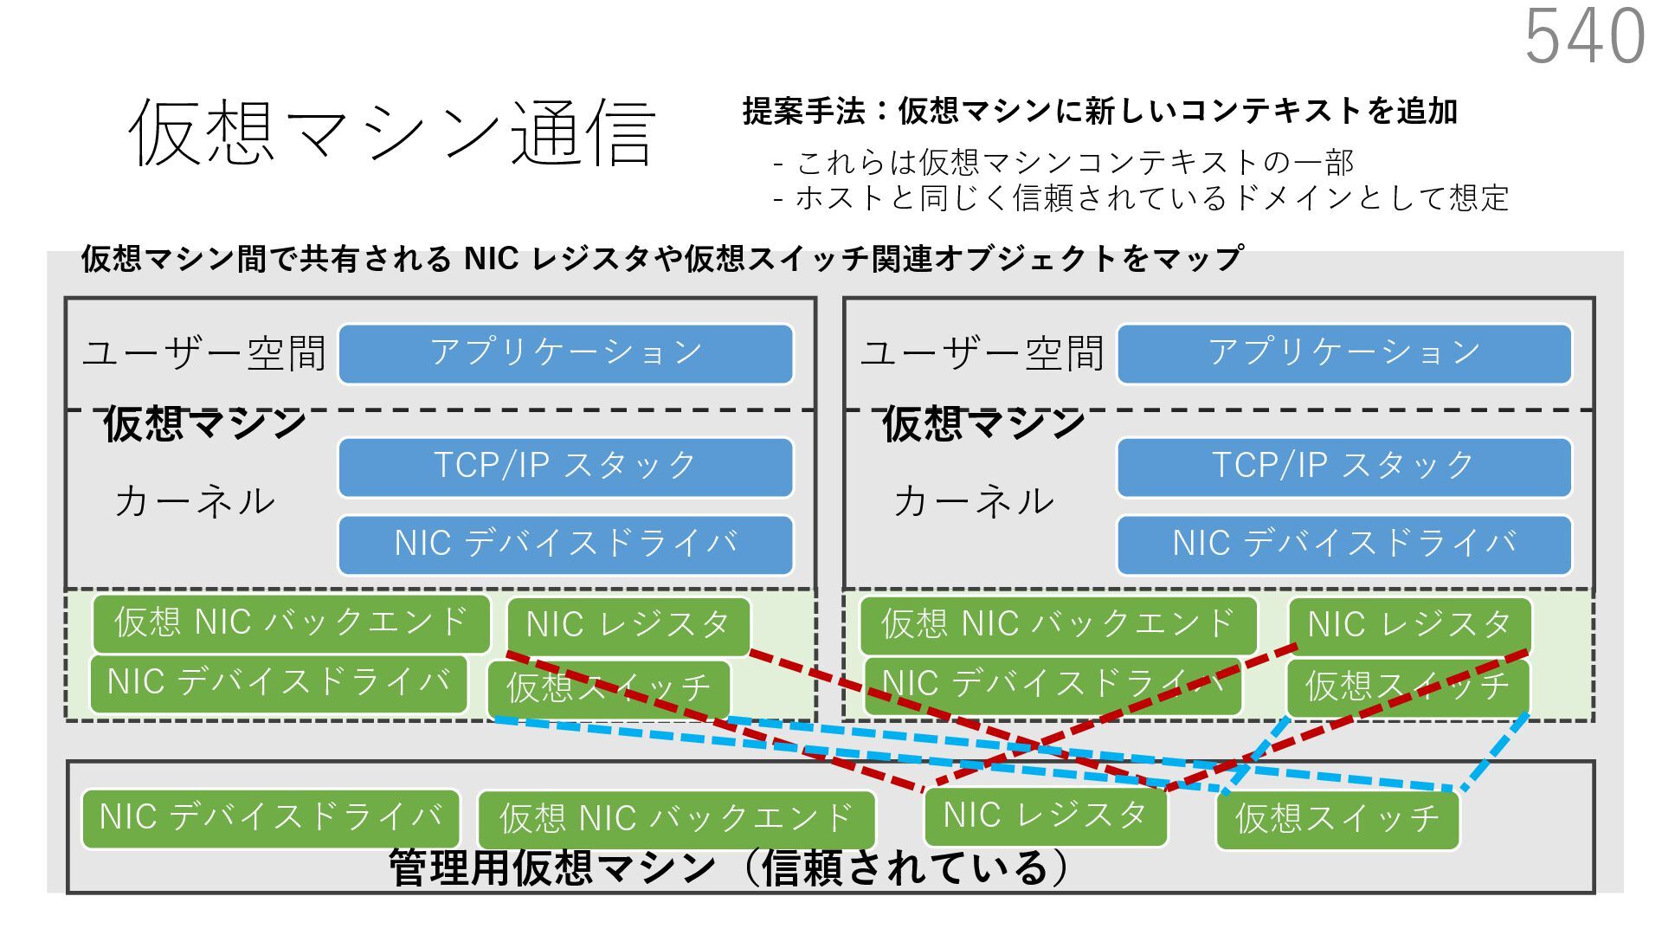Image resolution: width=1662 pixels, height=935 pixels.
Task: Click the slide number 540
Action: (x=1584, y=36)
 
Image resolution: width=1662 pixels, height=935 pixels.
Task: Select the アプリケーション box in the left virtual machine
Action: (x=565, y=353)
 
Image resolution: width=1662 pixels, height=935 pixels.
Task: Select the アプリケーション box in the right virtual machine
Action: (x=1343, y=353)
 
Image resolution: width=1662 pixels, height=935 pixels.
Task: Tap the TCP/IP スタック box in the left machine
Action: (x=565, y=467)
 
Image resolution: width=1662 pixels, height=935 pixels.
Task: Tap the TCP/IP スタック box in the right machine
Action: (x=1343, y=467)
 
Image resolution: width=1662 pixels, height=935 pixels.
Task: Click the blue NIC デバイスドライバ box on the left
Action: (x=565, y=545)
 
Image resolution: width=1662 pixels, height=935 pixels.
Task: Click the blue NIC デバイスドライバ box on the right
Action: (x=1343, y=545)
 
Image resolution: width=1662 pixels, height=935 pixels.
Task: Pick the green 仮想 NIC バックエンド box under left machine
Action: (x=291, y=623)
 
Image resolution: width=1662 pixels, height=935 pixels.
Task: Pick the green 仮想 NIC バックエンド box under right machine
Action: (x=1058, y=624)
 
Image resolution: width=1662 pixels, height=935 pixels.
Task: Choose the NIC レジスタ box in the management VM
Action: (x=1045, y=816)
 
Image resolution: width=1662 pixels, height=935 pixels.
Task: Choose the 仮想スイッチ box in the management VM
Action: (x=1337, y=819)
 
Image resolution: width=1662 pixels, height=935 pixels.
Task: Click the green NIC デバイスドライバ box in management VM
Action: (x=270, y=817)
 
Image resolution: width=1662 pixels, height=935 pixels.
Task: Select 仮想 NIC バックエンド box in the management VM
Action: (x=676, y=819)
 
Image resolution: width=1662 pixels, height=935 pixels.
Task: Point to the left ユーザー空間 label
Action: (x=204, y=353)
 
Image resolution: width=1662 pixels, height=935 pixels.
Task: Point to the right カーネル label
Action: (x=974, y=501)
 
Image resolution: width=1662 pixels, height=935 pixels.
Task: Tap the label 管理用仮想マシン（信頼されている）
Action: (x=727, y=868)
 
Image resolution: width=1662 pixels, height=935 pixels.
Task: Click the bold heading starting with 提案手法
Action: (x=1099, y=111)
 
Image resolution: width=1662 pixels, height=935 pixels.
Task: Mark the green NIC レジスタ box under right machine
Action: (x=1409, y=624)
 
